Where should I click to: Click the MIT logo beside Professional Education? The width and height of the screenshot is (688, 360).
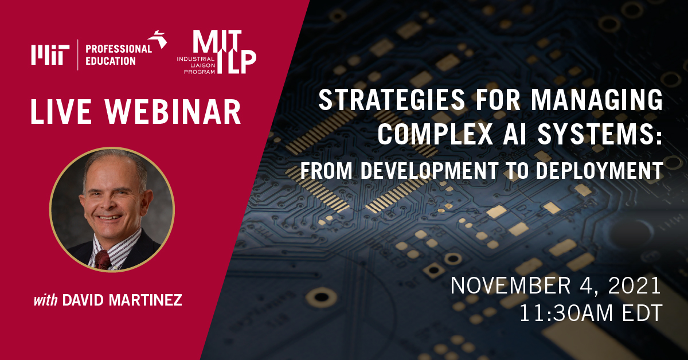coord(50,56)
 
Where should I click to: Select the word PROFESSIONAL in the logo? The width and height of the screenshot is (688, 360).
coord(119,49)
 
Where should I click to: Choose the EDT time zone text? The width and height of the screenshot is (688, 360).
coord(639,313)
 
